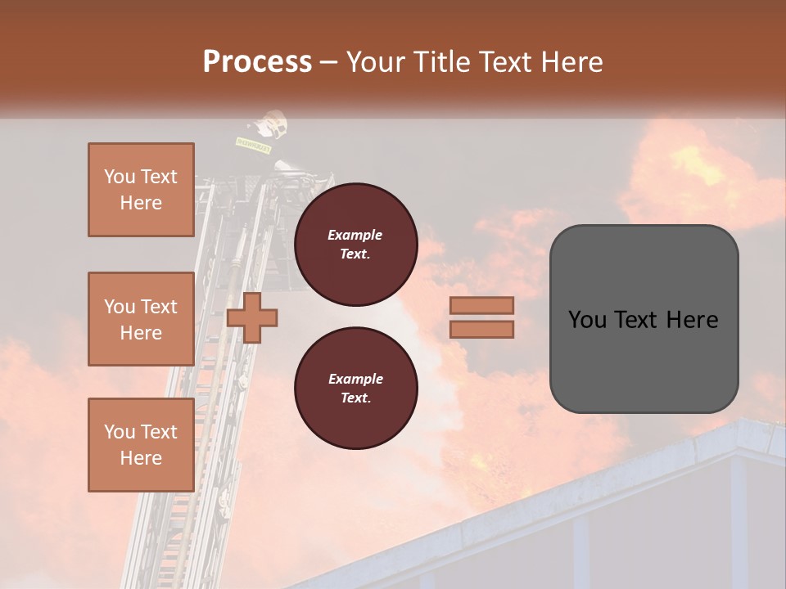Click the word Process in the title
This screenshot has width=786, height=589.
coord(257,62)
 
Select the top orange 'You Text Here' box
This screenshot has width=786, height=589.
coord(141,190)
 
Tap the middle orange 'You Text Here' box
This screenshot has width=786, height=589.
coord(141,319)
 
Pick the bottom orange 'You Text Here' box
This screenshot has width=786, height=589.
coord(141,444)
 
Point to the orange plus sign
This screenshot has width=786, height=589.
coord(252,318)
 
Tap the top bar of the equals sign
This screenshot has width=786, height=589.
coord(481,305)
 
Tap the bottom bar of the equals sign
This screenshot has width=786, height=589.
coord(481,330)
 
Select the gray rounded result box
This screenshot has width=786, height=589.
coord(644,319)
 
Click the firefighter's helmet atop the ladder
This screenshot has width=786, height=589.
coord(271,124)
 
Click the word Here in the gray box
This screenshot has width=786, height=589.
coord(692,320)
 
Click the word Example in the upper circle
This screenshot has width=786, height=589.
coord(355,235)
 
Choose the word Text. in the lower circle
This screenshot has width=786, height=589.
coord(355,398)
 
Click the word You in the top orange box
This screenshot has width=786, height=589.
coord(120,177)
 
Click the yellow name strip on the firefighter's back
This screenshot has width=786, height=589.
coord(253,142)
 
